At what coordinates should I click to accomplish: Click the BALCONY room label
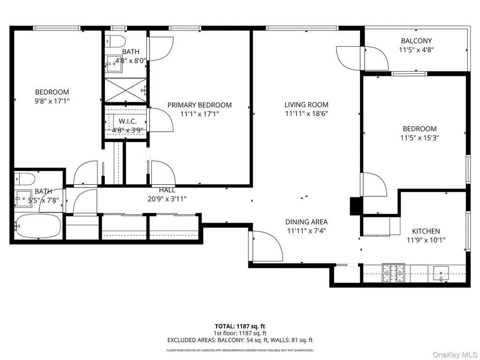(416, 41)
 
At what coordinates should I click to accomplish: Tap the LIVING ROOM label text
(307, 105)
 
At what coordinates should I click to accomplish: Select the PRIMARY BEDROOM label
(200, 105)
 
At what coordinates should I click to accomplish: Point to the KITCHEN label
(426, 231)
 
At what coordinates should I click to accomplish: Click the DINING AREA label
(307, 222)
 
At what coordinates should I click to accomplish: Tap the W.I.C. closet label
(127, 121)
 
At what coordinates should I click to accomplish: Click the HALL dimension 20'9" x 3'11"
(167, 199)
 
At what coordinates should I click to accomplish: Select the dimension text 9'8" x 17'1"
(52, 101)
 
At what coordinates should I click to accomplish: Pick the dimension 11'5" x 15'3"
(420, 138)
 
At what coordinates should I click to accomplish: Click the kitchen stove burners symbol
(393, 273)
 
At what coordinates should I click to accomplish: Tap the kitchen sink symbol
(441, 273)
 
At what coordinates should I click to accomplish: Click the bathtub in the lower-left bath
(38, 226)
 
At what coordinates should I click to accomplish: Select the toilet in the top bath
(115, 41)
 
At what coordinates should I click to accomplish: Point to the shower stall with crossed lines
(126, 90)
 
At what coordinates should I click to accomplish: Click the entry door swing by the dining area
(266, 246)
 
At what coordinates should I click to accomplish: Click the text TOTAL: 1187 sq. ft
(240, 326)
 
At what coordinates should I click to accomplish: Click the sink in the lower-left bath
(23, 199)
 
